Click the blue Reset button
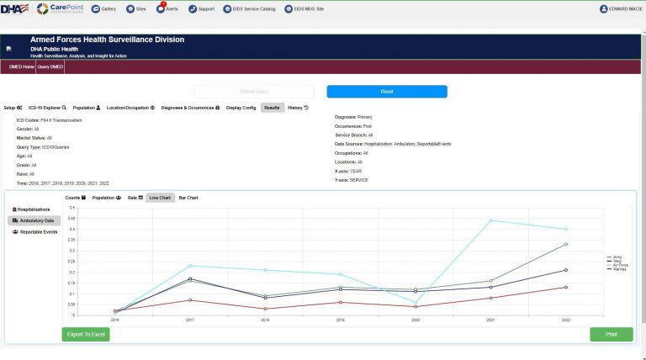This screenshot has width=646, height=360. (x=387, y=91)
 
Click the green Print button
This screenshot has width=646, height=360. (x=612, y=334)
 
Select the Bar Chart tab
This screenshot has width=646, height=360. (x=188, y=198)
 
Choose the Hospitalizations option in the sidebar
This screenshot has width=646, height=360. (x=34, y=209)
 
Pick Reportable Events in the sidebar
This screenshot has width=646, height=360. (x=35, y=231)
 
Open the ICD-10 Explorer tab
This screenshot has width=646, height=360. (x=47, y=108)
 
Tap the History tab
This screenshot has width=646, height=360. (x=298, y=108)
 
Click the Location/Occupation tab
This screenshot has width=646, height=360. (x=130, y=108)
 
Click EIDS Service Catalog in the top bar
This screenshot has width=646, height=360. (x=250, y=9)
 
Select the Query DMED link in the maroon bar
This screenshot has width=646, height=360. (x=50, y=66)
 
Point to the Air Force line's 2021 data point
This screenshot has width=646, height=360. (x=491, y=220)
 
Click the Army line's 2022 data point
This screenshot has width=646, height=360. (x=566, y=244)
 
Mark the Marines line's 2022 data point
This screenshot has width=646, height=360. (x=566, y=287)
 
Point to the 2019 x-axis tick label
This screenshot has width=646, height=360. (x=341, y=320)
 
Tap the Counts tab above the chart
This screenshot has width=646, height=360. (x=76, y=198)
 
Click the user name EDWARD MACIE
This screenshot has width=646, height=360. (x=622, y=9)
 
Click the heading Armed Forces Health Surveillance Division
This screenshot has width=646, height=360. (x=107, y=40)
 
